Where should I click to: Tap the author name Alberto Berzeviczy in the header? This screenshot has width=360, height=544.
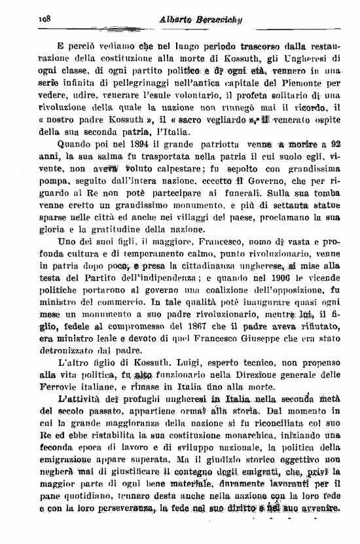tap(196, 20)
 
